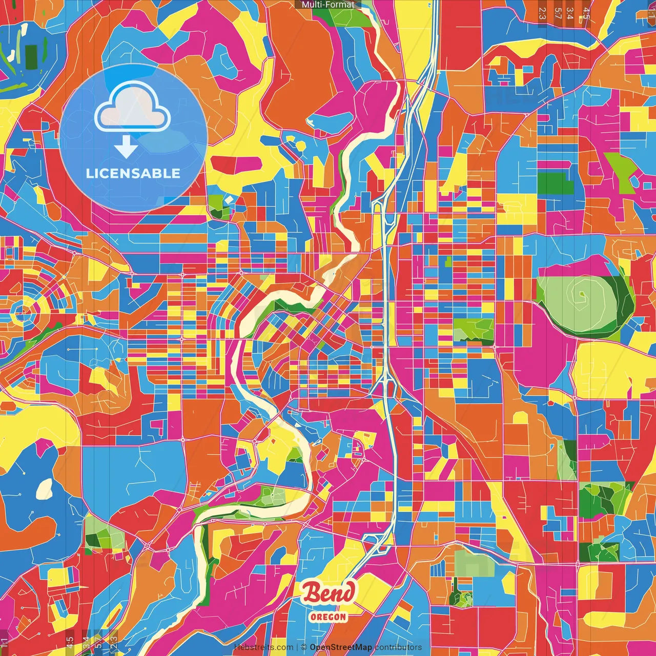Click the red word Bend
[x=328, y=593]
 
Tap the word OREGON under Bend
[x=328, y=617]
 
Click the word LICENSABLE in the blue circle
[x=133, y=173]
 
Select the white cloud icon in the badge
[x=133, y=107]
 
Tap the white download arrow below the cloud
[x=126, y=148]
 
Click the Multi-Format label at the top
[x=327, y=5]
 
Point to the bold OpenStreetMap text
[x=341, y=647]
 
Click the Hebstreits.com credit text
[x=263, y=647]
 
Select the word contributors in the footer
[x=398, y=647]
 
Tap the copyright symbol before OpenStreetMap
[x=303, y=647]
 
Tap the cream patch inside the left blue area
[x=44, y=489]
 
